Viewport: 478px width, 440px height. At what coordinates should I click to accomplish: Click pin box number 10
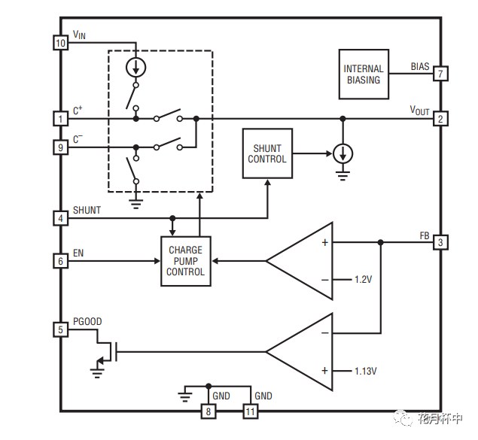tap(61, 43)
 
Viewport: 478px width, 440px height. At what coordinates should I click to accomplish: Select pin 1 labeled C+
tap(61, 119)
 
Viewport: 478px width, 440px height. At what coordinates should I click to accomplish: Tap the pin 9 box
tap(61, 147)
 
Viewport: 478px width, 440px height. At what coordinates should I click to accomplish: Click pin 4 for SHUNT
tap(61, 218)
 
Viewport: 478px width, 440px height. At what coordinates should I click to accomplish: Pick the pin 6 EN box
tap(61, 261)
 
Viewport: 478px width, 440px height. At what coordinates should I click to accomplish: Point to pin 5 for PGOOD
tap(61, 329)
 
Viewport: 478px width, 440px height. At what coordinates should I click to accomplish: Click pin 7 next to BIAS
tap(440, 74)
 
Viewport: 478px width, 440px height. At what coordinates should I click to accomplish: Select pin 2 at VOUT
tap(440, 119)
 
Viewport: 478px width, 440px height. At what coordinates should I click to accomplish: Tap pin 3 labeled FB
tap(440, 242)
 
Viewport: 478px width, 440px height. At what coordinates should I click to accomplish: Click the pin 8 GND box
tap(209, 411)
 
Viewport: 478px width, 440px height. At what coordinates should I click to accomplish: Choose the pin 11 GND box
tap(250, 411)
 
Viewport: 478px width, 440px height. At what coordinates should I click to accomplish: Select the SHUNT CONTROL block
tap(267, 153)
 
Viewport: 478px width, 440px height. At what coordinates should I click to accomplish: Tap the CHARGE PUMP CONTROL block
tap(186, 261)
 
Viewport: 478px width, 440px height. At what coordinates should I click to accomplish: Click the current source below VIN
tap(136, 67)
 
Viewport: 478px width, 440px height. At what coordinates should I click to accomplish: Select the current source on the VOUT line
tap(343, 153)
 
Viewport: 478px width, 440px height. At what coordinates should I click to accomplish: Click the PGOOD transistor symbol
tap(105, 350)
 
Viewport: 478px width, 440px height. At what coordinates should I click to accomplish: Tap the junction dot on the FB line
tap(381, 242)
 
